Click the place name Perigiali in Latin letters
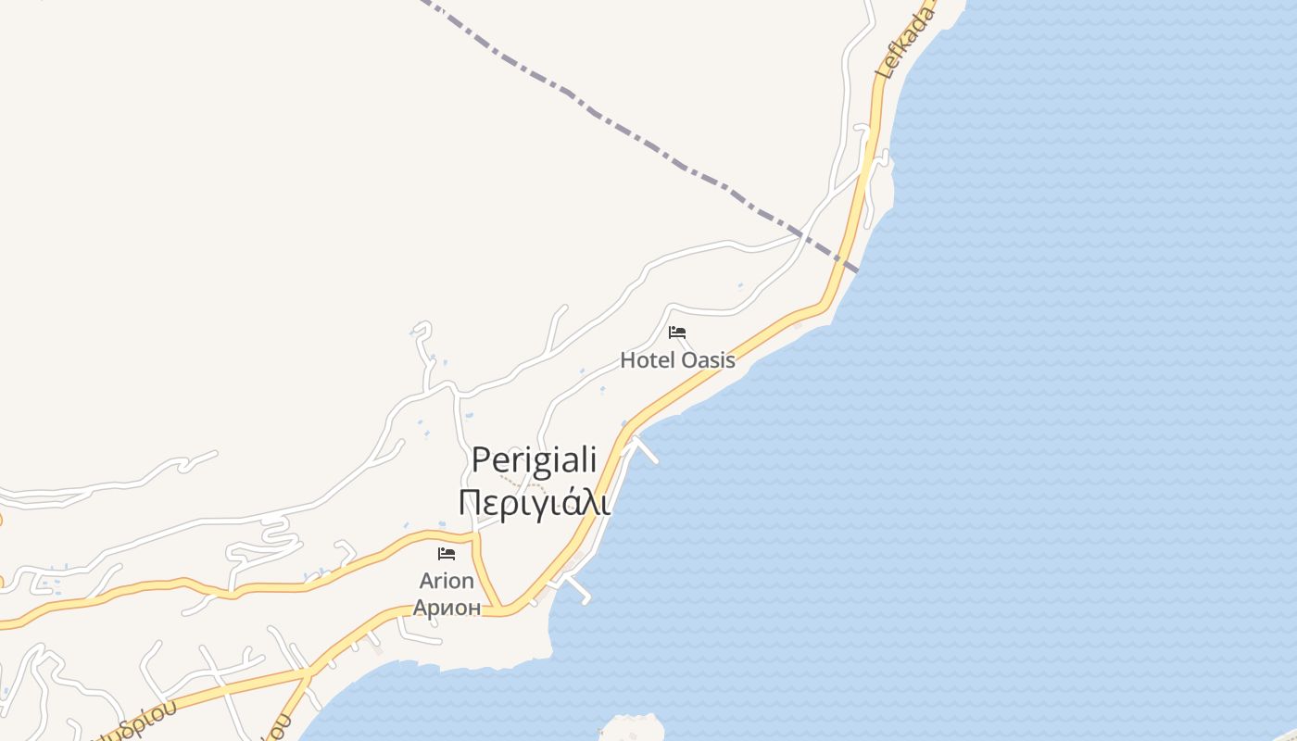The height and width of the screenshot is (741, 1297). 534,460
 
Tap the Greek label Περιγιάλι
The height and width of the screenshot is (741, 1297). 534,503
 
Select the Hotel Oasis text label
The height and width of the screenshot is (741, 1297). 677,360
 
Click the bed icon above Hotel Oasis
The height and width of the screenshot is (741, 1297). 677,333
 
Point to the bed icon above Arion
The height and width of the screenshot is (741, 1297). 447,554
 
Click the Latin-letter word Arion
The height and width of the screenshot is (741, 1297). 447,582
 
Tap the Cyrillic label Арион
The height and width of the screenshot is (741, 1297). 447,608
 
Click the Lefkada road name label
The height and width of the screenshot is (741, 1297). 904,42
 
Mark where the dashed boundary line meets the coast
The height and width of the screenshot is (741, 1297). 858,270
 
